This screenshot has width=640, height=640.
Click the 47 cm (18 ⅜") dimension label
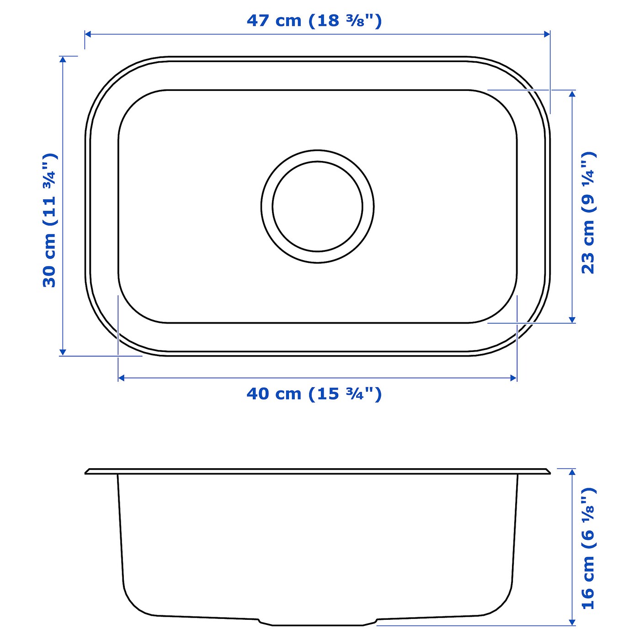pos(314,21)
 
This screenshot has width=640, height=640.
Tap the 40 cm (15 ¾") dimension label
pos(314,394)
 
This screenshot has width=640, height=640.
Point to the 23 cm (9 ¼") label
pos(588,213)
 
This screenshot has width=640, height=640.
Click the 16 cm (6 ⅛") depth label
pos(588,548)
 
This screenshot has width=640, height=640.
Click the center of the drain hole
pos(318,206)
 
